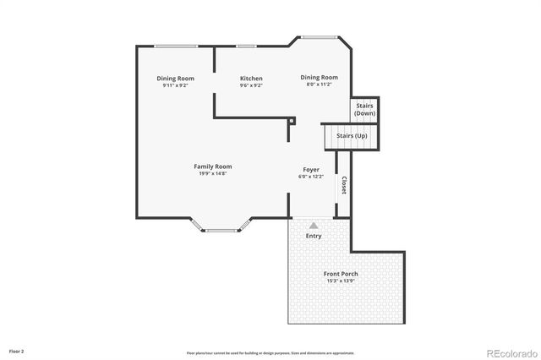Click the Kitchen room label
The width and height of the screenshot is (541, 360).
click(251, 79)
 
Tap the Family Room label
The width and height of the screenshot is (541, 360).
click(212, 166)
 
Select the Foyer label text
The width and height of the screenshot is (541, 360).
click(311, 170)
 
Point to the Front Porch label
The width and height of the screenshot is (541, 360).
click(341, 274)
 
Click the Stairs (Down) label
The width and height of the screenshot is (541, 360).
click(365, 109)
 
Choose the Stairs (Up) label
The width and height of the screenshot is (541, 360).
click(352, 135)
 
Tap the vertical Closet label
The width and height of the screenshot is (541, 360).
click(343, 185)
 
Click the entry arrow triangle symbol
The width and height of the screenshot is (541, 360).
click(314, 226)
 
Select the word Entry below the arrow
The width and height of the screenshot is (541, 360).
click(314, 236)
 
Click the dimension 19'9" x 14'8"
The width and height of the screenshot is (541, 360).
click(212, 174)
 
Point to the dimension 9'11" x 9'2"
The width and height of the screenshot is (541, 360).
click(176, 85)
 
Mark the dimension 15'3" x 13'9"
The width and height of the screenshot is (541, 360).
click(341, 281)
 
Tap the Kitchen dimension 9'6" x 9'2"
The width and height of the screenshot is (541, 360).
click(251, 85)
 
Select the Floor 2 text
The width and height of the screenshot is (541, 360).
click(17, 350)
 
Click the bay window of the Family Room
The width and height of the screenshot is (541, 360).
click(221, 228)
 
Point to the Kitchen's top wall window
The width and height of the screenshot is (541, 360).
click(247, 46)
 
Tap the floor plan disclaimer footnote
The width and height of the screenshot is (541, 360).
click(270, 352)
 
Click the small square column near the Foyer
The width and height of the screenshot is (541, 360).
click(292, 121)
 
